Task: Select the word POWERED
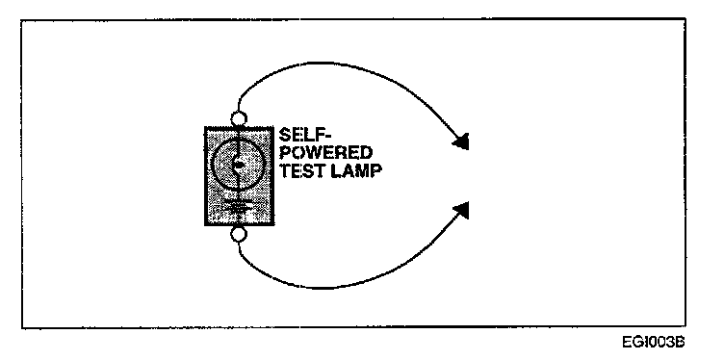pyautogui.click(x=326, y=153)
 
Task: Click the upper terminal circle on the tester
pyautogui.click(x=239, y=119)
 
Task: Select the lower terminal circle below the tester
pyautogui.click(x=239, y=235)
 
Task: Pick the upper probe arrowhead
pyautogui.click(x=461, y=141)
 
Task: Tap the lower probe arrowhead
pyautogui.click(x=461, y=210)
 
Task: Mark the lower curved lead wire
pyautogui.click(x=323, y=288)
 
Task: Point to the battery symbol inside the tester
pyautogui.click(x=238, y=206)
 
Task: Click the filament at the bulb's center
pyautogui.click(x=238, y=164)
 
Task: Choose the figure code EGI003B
pyautogui.click(x=654, y=343)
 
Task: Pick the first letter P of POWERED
pyautogui.click(x=285, y=153)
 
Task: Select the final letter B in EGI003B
pyautogui.click(x=680, y=343)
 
